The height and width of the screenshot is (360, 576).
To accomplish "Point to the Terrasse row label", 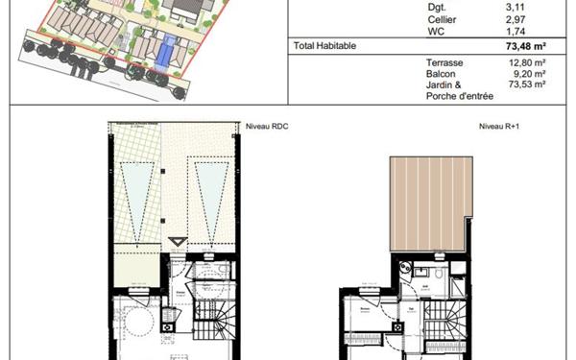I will (444, 62).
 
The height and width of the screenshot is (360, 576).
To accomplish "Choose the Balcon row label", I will (441, 73).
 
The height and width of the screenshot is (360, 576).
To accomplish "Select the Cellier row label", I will (442, 19).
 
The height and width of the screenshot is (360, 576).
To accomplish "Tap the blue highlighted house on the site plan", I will (169, 50).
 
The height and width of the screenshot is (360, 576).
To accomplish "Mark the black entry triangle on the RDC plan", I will (174, 242).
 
